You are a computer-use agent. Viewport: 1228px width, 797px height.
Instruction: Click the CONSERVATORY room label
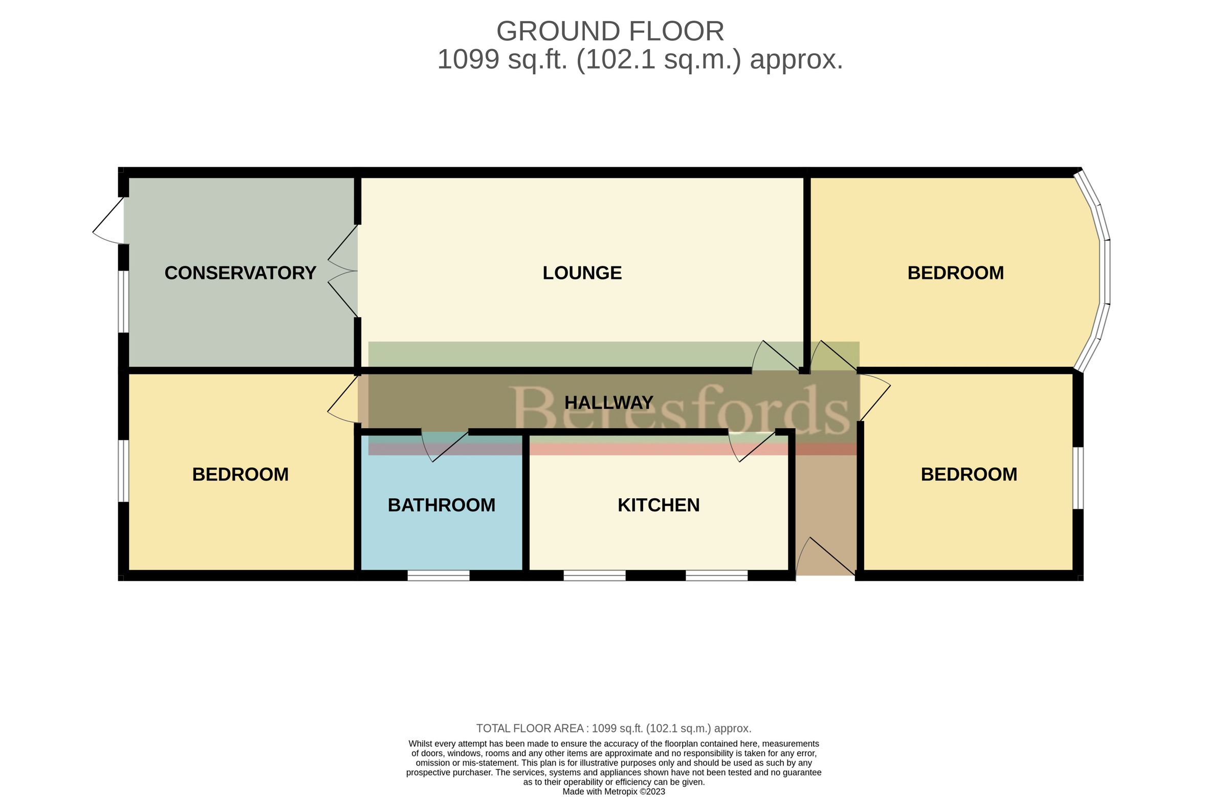tap(240, 273)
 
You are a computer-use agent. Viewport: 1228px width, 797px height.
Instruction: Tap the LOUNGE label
tap(582, 273)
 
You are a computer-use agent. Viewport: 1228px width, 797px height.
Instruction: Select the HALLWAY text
tap(609, 403)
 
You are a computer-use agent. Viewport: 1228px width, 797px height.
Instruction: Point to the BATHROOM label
tap(441, 505)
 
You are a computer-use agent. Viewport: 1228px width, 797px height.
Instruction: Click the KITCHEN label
tap(659, 505)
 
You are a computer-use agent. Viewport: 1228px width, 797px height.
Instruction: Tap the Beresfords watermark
tap(680, 410)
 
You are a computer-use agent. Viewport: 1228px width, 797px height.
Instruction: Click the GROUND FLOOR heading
tap(610, 32)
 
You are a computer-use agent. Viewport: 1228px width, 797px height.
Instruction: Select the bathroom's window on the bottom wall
tap(438, 575)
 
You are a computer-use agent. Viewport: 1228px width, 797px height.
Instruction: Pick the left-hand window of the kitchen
tap(595, 575)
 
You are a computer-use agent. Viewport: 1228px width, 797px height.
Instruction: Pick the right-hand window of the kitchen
tap(717, 575)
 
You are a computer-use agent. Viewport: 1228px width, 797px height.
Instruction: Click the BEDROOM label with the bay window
tap(956, 273)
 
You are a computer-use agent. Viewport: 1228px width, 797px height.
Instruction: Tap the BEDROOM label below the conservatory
tap(240, 475)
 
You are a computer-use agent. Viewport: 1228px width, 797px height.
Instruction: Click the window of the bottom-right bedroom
tap(1078, 478)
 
